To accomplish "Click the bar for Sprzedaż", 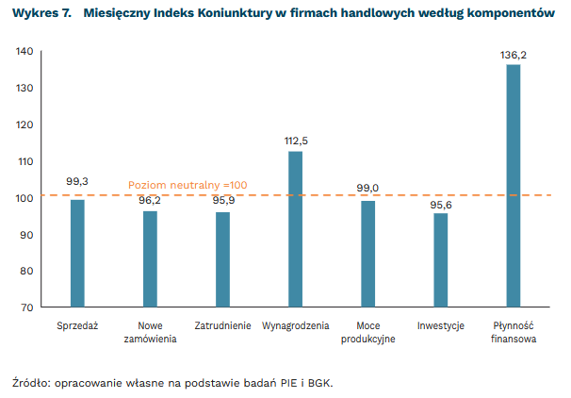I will pos(77,253).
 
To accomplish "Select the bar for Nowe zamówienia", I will pos(150,258).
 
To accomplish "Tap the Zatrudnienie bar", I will pos(222,259).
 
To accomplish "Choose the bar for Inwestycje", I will pos(440,260).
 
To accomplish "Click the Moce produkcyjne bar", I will pos(367,254).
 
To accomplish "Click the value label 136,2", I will pos(513,56).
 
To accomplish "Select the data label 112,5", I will pos(296,141).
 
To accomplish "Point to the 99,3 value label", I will pos(77,181).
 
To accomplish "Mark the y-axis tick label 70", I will pos(28,307).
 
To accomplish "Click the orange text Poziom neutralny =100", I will pos(188,185).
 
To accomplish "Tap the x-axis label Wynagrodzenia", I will pos(295,326).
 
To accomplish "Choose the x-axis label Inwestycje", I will pos(440,326).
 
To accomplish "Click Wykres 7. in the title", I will pos(41,14).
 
